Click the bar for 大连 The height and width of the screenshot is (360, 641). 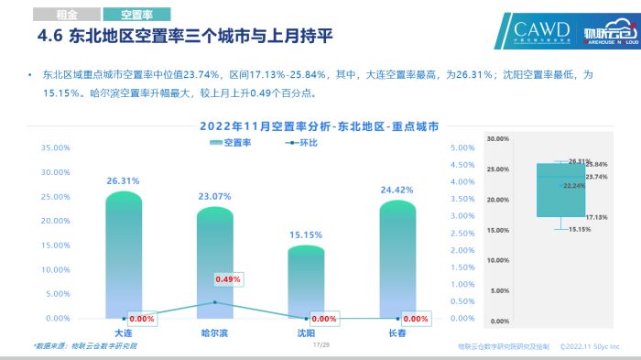(124, 256)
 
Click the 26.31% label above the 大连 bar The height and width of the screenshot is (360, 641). (123, 181)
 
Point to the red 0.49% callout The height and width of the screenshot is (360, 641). (227, 279)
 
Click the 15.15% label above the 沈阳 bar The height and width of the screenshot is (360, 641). (307, 235)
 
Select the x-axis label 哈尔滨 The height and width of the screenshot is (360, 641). (215, 332)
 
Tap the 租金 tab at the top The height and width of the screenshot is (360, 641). (66, 15)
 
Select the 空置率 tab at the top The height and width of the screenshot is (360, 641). (133, 15)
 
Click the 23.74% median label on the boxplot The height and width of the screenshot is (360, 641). (596, 176)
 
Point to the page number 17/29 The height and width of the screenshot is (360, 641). (320, 345)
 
